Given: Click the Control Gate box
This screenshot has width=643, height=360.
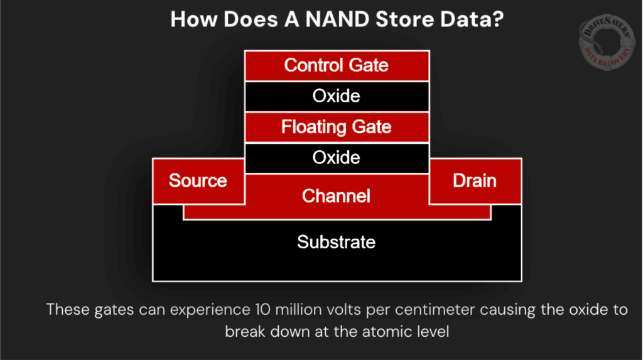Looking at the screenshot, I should point(337,65).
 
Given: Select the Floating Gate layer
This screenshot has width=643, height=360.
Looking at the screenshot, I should point(337,128).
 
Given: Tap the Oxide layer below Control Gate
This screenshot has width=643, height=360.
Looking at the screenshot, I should point(337,96).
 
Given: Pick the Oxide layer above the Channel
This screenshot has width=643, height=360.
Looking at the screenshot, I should point(337,158).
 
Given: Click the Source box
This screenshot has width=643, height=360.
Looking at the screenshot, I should point(198,181).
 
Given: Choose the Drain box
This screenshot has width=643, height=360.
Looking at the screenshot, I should point(475,181).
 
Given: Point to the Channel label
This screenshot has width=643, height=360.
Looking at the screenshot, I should point(337,196).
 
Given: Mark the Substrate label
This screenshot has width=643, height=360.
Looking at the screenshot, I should point(337,242).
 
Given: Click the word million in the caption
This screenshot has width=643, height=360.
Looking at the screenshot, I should point(300,310).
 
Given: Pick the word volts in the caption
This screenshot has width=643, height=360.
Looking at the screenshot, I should point(347,310).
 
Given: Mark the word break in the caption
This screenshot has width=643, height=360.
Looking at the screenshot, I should point(246,331).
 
